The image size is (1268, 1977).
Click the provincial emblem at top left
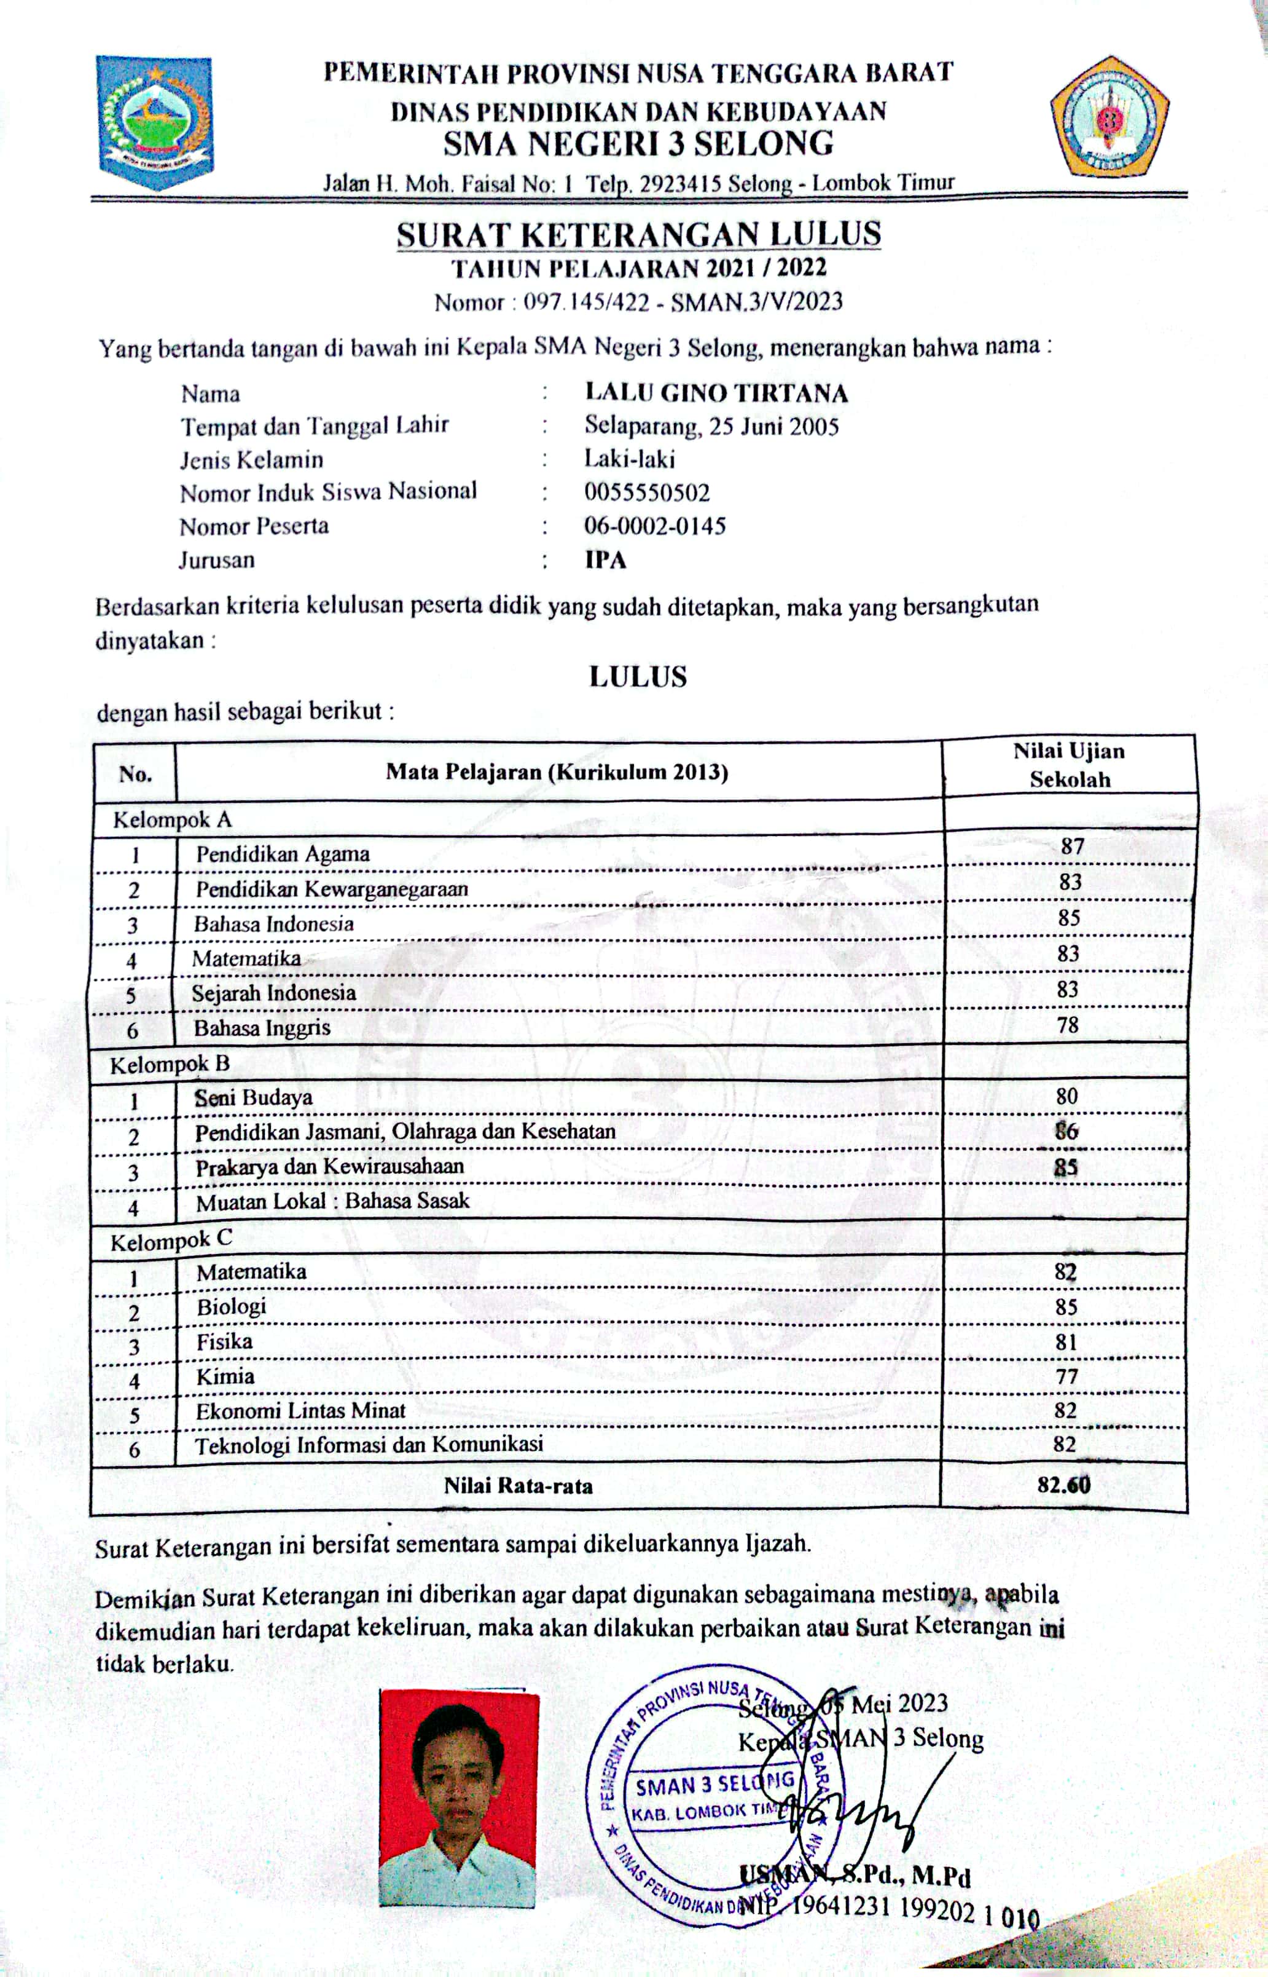point(155,121)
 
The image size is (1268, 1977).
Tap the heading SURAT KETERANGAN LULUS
point(638,235)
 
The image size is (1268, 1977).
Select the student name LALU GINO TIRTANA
point(716,392)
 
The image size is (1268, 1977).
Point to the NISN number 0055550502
point(646,492)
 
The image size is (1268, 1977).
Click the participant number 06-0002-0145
point(655,526)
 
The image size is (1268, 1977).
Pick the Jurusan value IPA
point(605,560)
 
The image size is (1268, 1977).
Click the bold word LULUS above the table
point(637,677)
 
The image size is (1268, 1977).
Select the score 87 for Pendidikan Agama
point(1072,846)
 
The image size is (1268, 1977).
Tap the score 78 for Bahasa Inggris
point(1068,1025)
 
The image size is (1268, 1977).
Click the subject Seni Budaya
point(254,1097)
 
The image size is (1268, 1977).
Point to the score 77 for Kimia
point(1065,1376)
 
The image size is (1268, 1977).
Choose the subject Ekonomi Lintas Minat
point(300,1410)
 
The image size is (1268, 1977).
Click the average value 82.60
point(1064,1485)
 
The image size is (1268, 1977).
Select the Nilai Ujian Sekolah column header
point(1069,765)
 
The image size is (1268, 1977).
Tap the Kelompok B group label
point(170,1064)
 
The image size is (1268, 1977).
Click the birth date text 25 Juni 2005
point(774,426)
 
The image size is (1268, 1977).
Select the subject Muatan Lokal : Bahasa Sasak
point(332,1201)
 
